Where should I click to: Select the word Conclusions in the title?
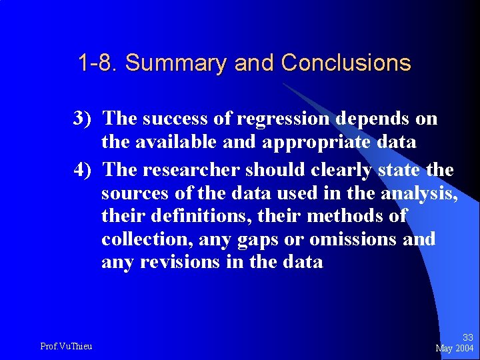(x=346, y=63)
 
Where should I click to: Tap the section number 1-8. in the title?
(x=99, y=63)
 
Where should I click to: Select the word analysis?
(x=419, y=193)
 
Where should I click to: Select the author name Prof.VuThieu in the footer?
(x=66, y=346)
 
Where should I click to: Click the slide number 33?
(x=467, y=338)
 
